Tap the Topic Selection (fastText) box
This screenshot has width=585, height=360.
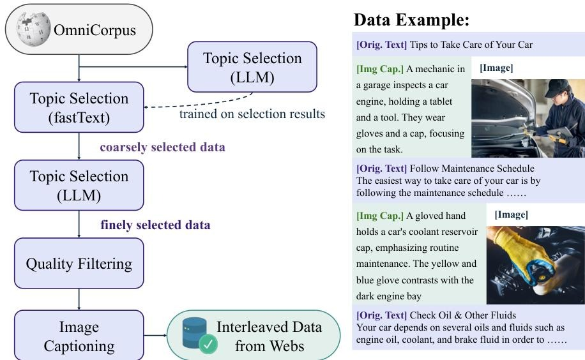pos(79,107)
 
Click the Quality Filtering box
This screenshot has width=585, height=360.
pos(79,264)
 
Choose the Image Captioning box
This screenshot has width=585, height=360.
pos(79,336)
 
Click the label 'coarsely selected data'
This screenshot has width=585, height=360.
pos(162,147)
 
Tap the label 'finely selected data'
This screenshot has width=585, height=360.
pos(155,225)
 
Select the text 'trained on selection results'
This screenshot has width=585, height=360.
pos(252,114)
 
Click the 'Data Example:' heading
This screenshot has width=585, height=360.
pos(411,20)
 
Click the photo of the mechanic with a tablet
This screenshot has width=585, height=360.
pos(528,118)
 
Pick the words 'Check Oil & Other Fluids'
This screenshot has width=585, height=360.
pos(463,315)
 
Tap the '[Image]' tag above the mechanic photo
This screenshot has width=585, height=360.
pos(496,68)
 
